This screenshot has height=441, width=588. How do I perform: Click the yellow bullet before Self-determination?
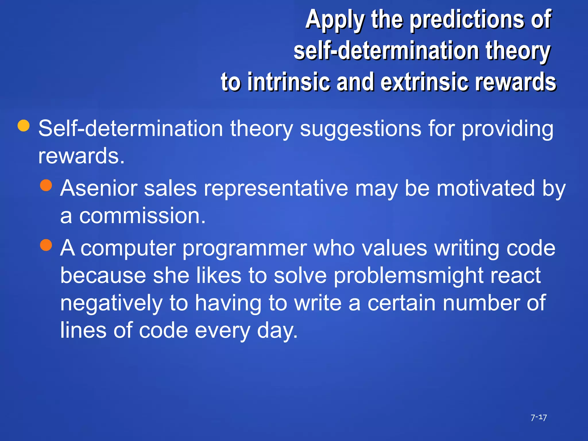[x=24, y=126]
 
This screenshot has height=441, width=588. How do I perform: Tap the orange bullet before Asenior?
[x=46, y=185]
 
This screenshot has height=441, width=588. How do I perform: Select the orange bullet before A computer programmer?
[x=46, y=245]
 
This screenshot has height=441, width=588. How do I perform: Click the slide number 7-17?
[x=539, y=417]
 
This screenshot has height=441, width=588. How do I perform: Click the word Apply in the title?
[x=335, y=20]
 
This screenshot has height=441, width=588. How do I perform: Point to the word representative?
[x=276, y=188]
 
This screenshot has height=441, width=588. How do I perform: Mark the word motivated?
[x=486, y=188]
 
